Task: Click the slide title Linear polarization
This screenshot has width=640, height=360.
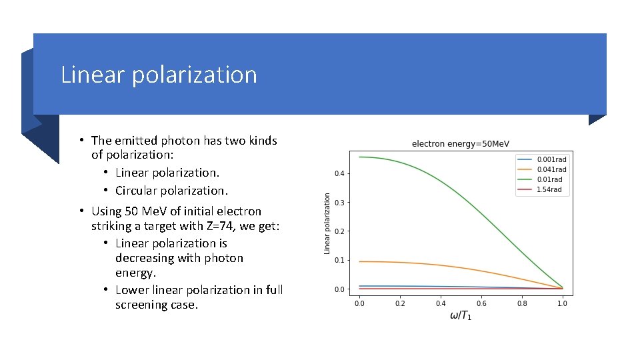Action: (x=159, y=74)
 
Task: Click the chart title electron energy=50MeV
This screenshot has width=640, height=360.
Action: (x=461, y=144)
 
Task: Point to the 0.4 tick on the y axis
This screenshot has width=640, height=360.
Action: (x=339, y=174)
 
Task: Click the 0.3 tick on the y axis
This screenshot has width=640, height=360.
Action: (x=339, y=203)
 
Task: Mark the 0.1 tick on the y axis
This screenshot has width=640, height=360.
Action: (x=339, y=261)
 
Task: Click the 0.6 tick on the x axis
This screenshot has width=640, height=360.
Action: (x=481, y=304)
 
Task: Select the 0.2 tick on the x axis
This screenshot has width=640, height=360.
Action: (x=400, y=304)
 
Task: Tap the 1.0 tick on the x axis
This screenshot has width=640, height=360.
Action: (x=563, y=304)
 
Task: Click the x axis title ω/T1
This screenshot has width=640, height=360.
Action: (x=461, y=315)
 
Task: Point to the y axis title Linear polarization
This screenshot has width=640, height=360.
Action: (x=327, y=223)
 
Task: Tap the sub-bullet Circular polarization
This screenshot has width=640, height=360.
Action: (x=171, y=190)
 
